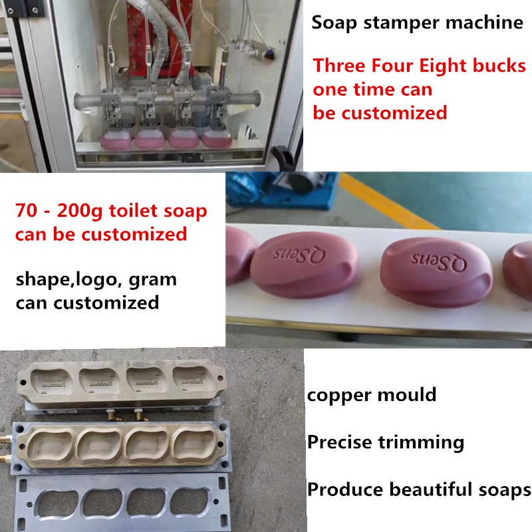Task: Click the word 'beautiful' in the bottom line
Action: [434, 490]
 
